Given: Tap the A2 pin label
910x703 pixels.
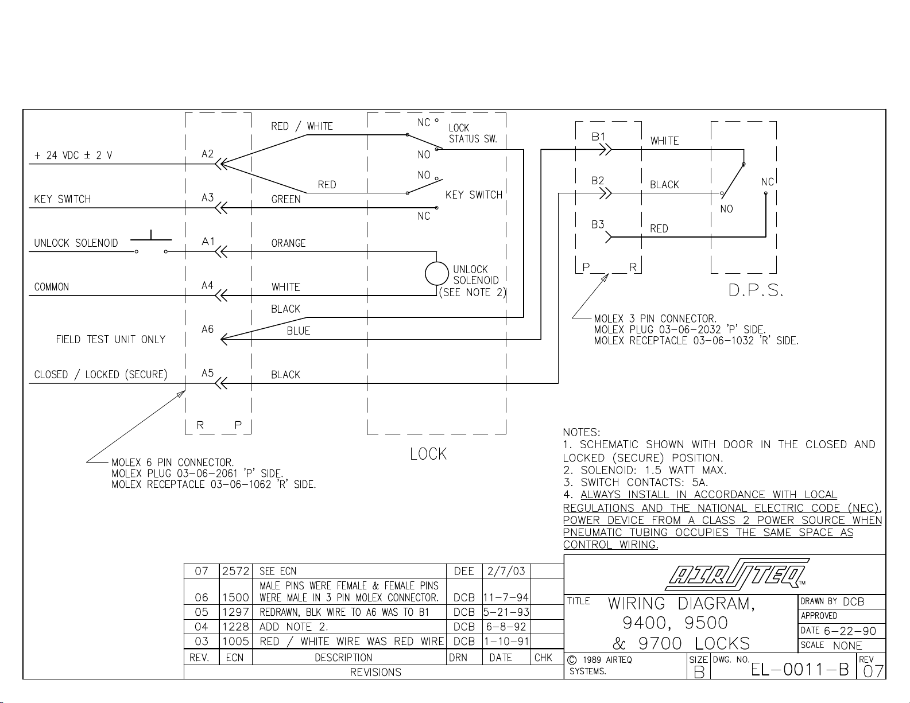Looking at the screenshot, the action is coord(208,154).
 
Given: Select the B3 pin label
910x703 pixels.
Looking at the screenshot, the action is coord(598,225).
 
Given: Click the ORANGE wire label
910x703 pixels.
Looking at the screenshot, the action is coord(289,243).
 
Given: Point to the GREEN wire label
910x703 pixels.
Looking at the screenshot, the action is coord(286,199).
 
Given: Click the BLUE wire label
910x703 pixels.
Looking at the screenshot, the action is coord(299,331).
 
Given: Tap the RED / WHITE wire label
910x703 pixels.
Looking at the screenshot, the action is coord(302,126).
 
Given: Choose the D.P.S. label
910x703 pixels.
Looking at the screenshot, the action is coord(756,290).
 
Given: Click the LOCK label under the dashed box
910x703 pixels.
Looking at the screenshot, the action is coord(428,454).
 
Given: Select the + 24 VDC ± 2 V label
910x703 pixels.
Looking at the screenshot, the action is coord(73,156).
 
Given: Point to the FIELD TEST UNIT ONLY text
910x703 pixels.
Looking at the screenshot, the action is coord(111,339).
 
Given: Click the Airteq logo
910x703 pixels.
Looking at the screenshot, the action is coord(737,574).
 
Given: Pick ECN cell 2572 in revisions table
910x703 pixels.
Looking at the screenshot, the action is coord(235,571).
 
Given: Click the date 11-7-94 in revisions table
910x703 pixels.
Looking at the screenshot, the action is coord(506,597).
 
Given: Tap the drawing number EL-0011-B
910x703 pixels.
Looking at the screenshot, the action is coord(800,670).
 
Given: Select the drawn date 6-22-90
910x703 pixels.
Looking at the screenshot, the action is coord(850,631).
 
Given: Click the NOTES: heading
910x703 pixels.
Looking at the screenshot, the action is coord(581,432).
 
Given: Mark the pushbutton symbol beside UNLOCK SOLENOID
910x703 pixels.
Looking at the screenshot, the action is coord(151,242).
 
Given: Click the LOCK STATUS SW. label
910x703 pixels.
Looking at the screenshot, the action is coord(473,134).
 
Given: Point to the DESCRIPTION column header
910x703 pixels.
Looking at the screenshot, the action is coord(343,658).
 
